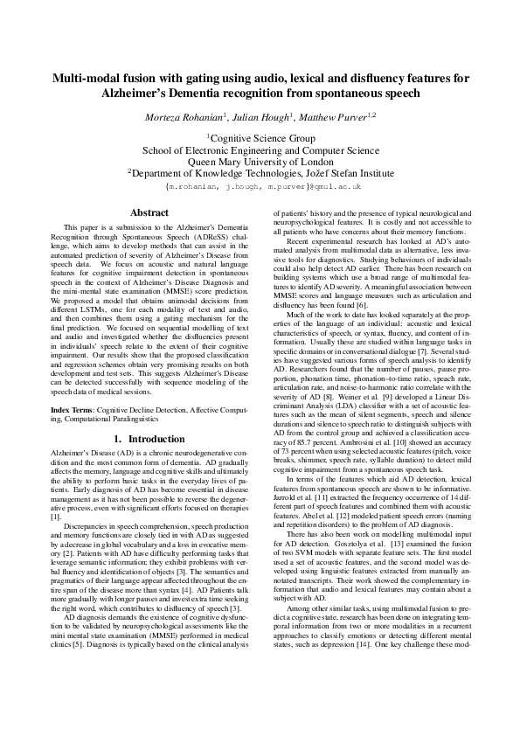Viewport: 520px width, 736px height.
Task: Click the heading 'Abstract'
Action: coord(149,212)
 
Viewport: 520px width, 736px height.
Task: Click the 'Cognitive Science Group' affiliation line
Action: coord(260,138)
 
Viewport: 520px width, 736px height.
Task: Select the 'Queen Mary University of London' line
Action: coord(260,161)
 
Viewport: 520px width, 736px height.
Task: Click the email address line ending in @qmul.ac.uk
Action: coord(260,186)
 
